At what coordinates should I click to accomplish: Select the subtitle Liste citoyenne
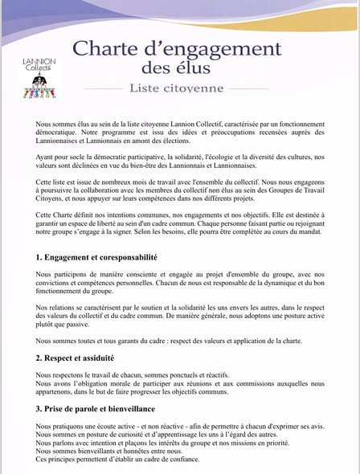point(177,88)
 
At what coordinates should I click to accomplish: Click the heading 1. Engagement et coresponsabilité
point(96,258)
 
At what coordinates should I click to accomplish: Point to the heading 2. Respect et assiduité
point(75,358)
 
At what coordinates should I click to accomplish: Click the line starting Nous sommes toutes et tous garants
point(169,341)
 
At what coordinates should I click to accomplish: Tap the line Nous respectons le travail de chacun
point(121,375)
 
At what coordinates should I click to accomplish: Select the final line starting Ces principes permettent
point(117,460)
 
